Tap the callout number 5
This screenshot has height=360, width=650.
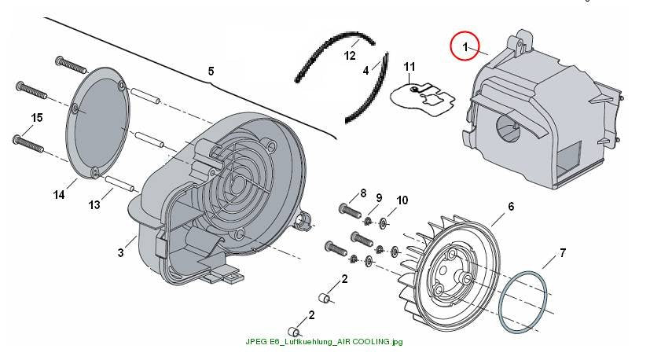(211, 72)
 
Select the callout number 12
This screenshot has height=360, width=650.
(350, 56)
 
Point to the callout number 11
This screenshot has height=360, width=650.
(409, 66)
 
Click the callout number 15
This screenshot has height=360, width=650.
(37, 118)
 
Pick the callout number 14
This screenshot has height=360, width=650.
(59, 194)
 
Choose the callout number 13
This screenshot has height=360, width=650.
(94, 204)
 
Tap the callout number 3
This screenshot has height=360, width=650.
(120, 252)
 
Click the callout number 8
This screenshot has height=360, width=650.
(363, 193)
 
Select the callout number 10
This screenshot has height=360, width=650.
(402, 200)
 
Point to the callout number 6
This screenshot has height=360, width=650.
(511, 206)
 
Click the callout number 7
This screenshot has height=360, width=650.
(563, 252)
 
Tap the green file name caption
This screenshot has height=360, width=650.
(324, 342)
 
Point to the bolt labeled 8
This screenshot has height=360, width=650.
(351, 210)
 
